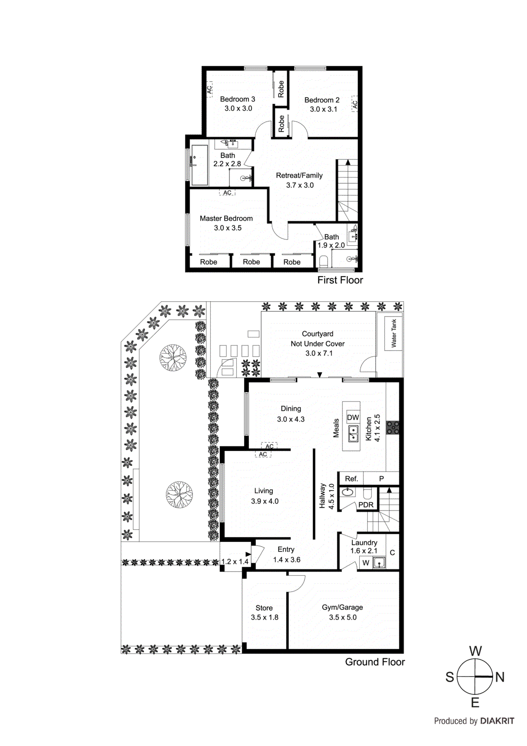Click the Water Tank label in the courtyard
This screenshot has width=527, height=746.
click(394, 333)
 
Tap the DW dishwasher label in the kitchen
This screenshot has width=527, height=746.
click(353, 417)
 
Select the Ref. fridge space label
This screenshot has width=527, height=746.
click(351, 479)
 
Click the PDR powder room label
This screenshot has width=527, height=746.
click(366, 504)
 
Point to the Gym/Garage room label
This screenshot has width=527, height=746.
click(342, 607)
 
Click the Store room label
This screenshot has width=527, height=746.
click(264, 608)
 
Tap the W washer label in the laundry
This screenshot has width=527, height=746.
click(366, 563)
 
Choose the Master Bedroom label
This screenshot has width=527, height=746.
click(226, 218)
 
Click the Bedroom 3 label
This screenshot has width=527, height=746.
click(238, 99)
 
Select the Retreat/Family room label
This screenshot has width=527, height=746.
click(299, 175)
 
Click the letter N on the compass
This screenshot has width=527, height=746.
click(500, 677)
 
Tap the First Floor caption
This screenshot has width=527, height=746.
click(340, 280)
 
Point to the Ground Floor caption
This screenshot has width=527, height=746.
click(375, 662)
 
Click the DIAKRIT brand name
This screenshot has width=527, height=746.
click(497, 721)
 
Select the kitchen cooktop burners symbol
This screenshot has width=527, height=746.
click(392, 428)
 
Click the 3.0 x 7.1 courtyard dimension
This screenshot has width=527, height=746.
click(319, 353)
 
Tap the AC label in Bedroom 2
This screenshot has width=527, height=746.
click(355, 104)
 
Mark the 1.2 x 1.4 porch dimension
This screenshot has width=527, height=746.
click(235, 561)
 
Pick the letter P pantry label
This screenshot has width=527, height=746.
click(381, 479)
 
